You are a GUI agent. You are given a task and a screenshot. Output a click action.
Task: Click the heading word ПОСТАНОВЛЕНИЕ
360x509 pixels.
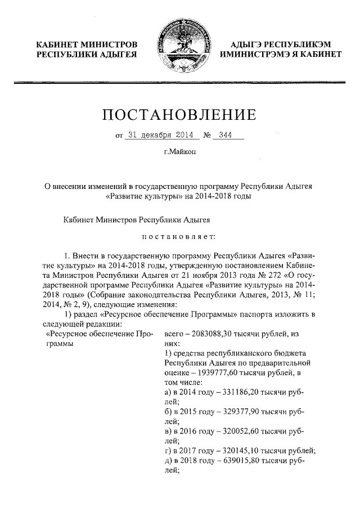point(179,115)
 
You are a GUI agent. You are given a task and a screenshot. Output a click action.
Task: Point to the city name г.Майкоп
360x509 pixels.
point(179,152)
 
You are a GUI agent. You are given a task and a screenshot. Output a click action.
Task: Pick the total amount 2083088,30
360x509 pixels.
point(217,334)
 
